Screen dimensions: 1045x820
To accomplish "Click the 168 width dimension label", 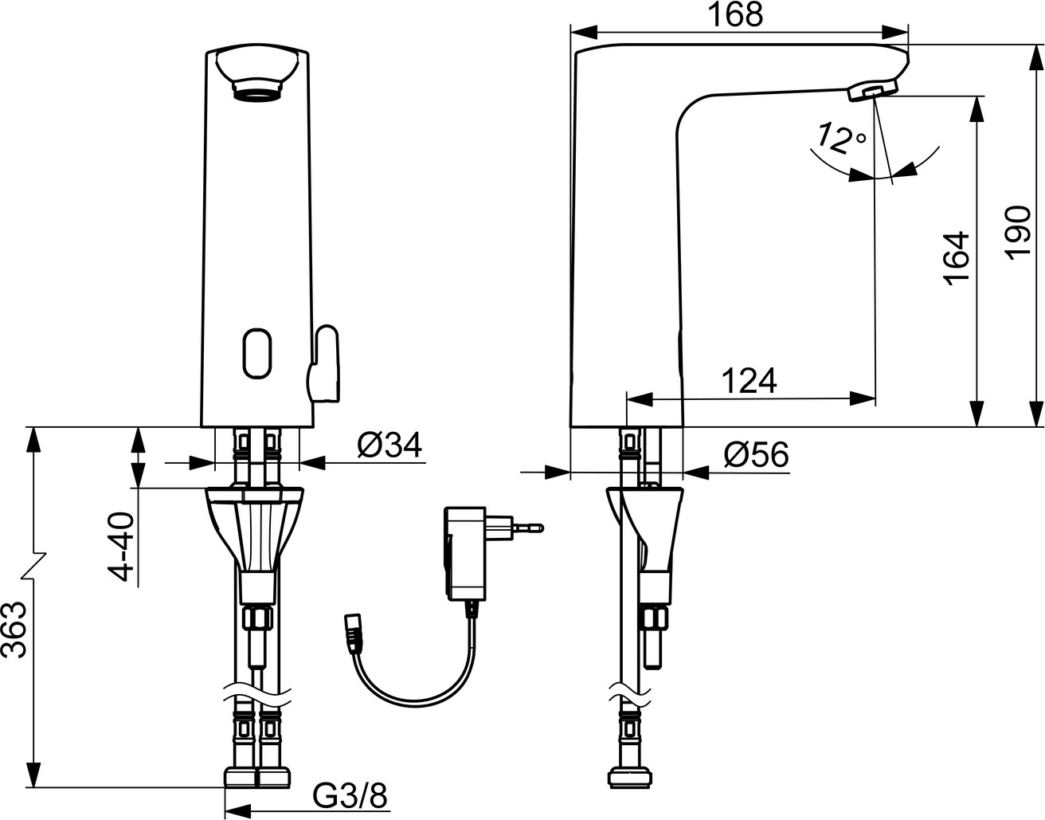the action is pos(736,15).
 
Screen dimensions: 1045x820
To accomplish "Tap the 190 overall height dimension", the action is pos(1018,233).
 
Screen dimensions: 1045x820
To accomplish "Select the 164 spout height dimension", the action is pos(956,258).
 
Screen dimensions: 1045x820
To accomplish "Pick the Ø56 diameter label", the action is pos(756,454).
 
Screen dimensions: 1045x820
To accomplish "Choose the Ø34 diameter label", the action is pos(389,445).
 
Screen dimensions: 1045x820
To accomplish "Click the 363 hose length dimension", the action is pos(14,630).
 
